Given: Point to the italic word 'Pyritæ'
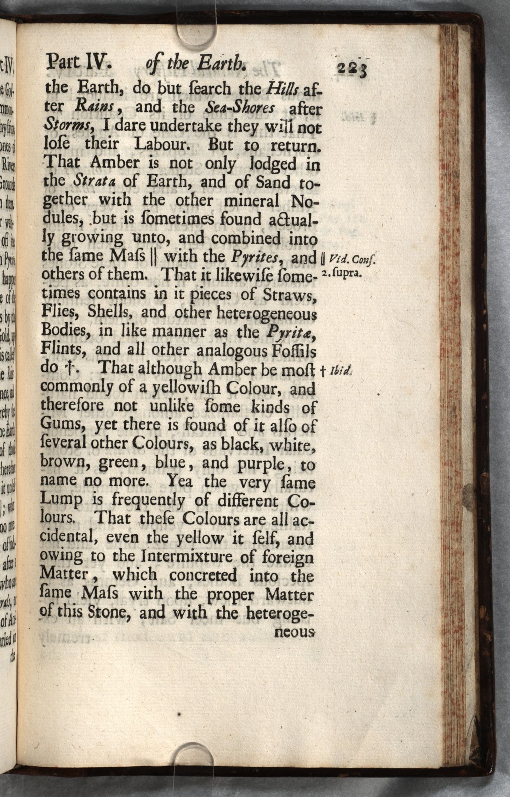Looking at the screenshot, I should [291, 331].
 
